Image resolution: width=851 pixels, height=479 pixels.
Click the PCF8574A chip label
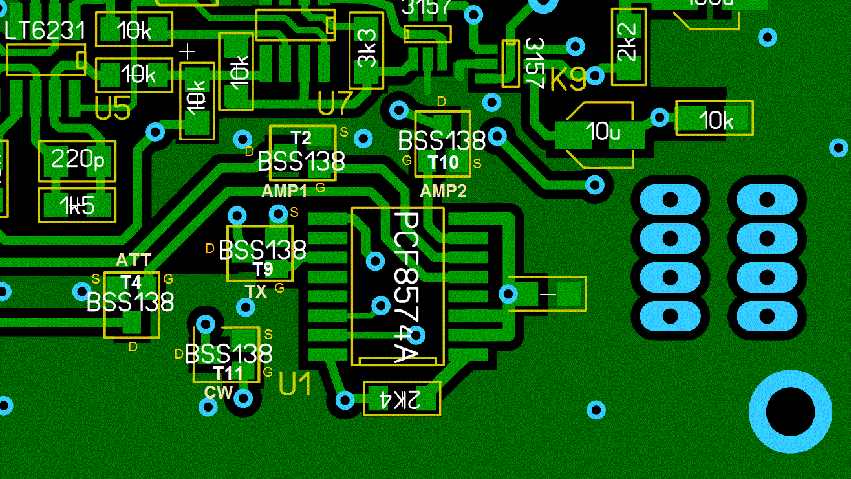[406, 286]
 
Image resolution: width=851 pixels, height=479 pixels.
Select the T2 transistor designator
[301, 138]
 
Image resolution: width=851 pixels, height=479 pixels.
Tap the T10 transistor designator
[443, 162]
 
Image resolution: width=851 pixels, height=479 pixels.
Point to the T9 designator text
[263, 269]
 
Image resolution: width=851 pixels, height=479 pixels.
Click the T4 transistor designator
[131, 282]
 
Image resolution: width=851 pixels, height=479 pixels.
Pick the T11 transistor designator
[228, 373]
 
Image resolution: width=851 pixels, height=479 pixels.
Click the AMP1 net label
[285, 191]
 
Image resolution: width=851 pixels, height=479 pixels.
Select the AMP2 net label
[443, 191]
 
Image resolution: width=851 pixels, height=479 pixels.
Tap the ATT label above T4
[133, 260]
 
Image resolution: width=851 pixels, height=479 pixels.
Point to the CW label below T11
[219, 392]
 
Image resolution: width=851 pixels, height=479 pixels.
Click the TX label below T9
[256, 292]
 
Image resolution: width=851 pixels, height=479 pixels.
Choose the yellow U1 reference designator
[296, 384]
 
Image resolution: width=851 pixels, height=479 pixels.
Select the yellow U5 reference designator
[113, 109]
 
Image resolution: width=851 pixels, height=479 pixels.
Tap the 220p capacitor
[78, 159]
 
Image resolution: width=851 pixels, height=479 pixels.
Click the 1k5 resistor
[78, 206]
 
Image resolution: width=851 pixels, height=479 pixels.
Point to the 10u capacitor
[601, 133]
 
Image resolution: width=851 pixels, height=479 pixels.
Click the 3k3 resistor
[366, 50]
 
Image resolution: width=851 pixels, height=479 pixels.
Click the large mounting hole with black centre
[790, 412]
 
